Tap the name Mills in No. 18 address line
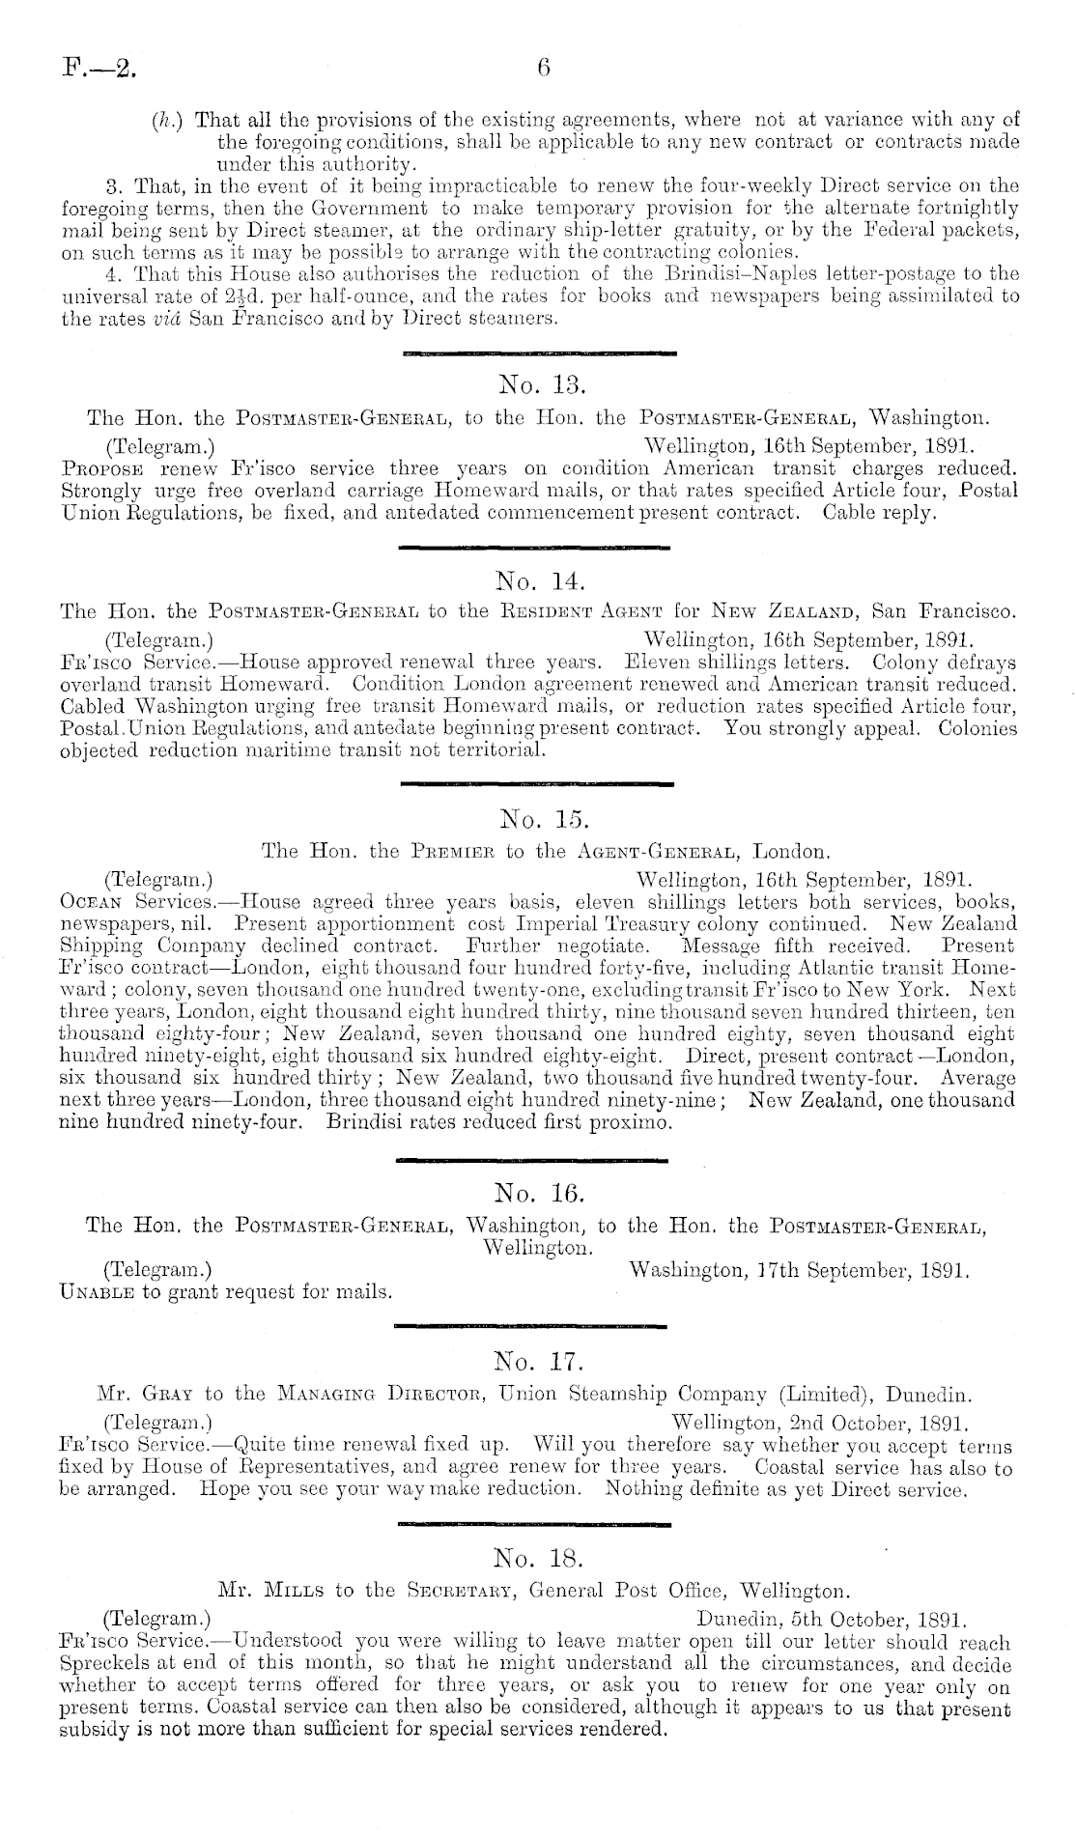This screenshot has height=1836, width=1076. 294,1589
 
